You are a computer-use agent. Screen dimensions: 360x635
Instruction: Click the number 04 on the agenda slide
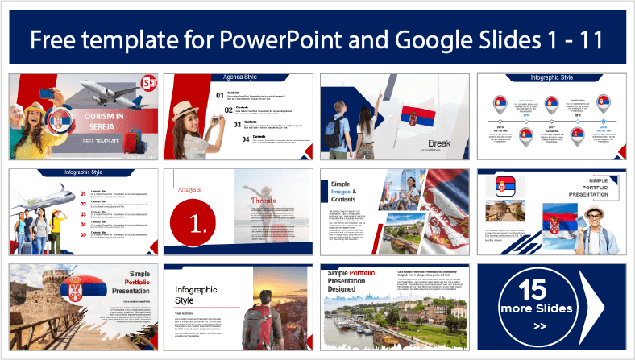point(221,139)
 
